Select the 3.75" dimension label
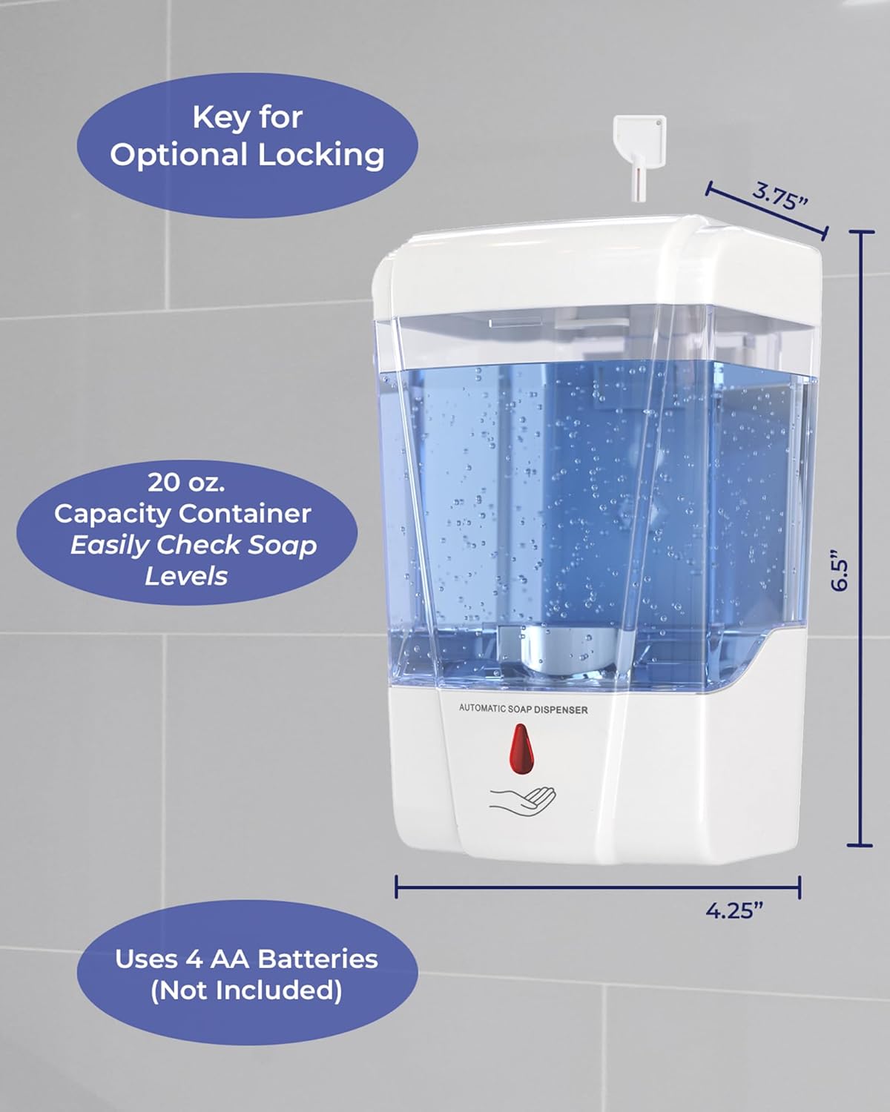click(x=779, y=197)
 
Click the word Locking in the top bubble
click(x=321, y=155)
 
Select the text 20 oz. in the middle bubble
click(x=187, y=483)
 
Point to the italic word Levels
click(x=186, y=575)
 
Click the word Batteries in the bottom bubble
click(x=317, y=959)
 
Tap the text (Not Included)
click(x=246, y=991)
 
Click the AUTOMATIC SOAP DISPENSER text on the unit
click(x=524, y=709)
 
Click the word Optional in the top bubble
click(x=179, y=155)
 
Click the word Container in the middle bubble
click(x=245, y=514)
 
